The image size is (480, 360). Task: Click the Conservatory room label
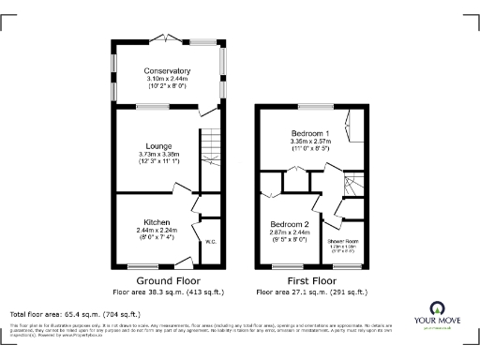167,70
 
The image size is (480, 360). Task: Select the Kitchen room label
157,223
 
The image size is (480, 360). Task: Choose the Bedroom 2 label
290,225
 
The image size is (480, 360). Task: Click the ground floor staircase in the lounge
210,146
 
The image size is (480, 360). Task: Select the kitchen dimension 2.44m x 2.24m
157,231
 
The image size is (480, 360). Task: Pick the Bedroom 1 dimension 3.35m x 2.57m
309,142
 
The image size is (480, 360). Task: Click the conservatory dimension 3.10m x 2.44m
167,79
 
